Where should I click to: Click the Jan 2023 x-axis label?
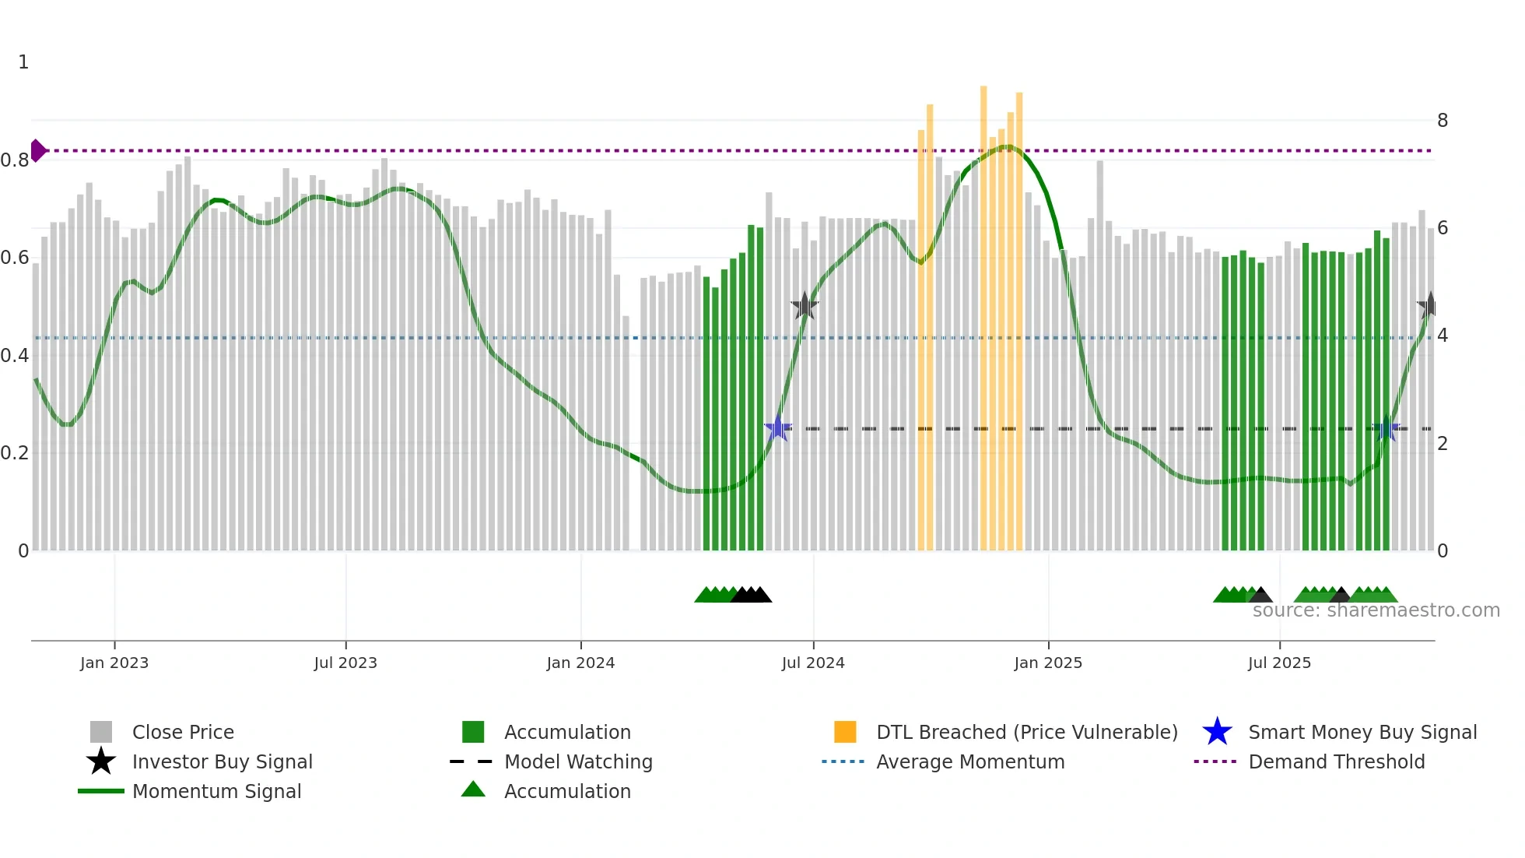pos(114,663)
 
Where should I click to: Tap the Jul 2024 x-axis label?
pos(813,663)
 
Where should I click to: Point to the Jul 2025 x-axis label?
pos(1279,663)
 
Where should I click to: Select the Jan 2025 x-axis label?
pos(1048,663)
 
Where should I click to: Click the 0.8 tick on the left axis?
pos(15,160)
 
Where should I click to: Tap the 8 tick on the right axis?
pos(1443,121)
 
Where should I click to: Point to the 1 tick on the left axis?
pos(23,62)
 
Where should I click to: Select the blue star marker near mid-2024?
pos(777,428)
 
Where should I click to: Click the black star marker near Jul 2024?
pos(805,306)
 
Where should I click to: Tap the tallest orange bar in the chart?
pos(983,311)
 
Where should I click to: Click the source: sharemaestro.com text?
pos(1376,610)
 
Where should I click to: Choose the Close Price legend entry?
pos(183,732)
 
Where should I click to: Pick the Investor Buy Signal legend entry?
pos(222,761)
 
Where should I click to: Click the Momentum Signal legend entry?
pos(216,791)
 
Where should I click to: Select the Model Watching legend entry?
pos(578,761)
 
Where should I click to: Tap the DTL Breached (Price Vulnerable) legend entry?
pos(1026,732)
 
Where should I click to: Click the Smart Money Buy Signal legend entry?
pos(1362,732)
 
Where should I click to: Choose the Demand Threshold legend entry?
pos(1336,761)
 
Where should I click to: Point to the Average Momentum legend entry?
pos(970,761)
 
